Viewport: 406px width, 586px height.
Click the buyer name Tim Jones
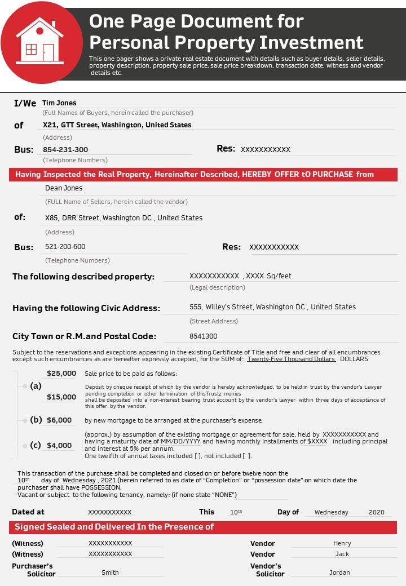click(59, 103)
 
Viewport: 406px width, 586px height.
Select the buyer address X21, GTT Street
click(117, 125)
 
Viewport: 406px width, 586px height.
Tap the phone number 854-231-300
click(65, 150)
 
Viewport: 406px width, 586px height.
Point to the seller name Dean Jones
click(64, 188)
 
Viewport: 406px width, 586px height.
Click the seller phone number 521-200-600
click(65, 247)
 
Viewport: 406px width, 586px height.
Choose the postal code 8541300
click(204, 336)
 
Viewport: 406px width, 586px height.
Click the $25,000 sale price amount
click(61, 373)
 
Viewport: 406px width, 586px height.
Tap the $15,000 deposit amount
click(61, 397)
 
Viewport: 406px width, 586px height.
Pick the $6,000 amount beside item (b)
click(59, 420)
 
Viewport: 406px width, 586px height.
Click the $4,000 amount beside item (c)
click(59, 446)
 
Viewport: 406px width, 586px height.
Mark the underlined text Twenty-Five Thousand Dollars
click(291, 359)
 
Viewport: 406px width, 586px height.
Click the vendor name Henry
click(342, 544)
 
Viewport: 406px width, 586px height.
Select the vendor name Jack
click(342, 554)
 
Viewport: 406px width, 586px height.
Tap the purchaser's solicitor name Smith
click(110, 572)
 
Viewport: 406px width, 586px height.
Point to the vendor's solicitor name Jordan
click(339, 572)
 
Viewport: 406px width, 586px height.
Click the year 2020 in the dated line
click(376, 512)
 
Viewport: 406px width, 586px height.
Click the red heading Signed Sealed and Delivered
click(114, 527)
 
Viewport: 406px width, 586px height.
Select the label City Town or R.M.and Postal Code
click(84, 336)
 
